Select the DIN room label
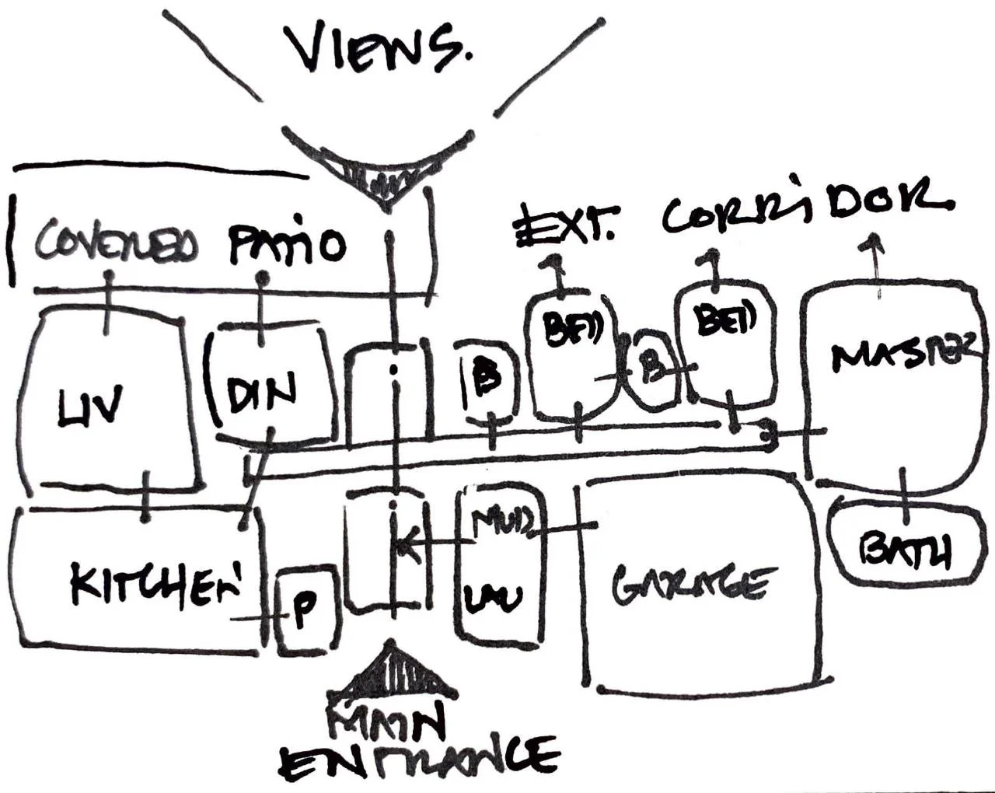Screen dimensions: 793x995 (262, 393)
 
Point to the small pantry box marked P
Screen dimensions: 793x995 (306, 614)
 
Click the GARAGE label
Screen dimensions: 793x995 (693, 585)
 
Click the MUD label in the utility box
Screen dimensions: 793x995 (504, 523)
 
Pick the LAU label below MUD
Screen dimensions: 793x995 (494, 597)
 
